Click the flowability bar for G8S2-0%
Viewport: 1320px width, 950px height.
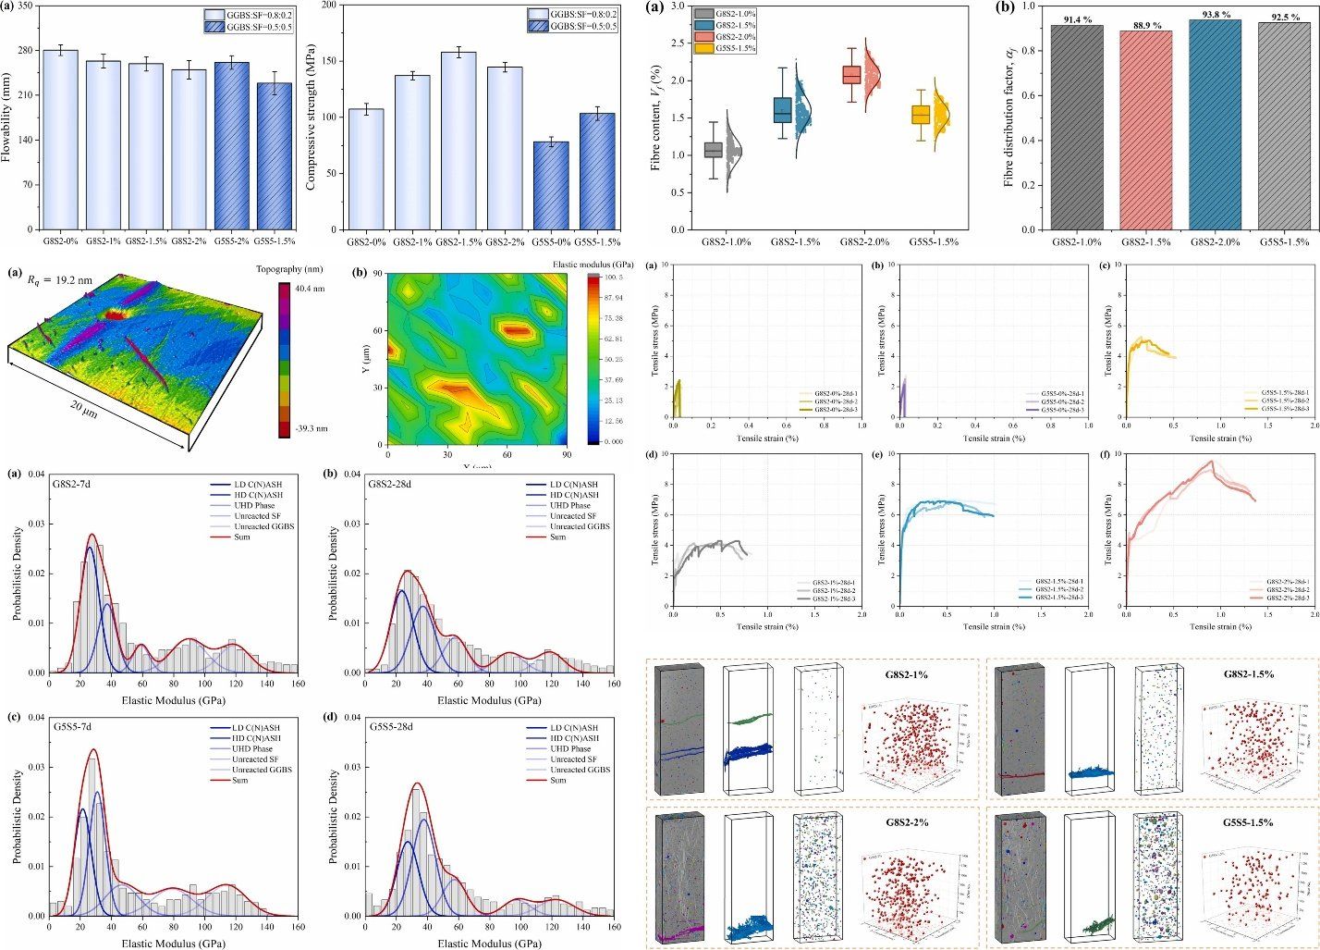(60, 140)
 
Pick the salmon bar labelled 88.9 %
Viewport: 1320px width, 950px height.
(1145, 130)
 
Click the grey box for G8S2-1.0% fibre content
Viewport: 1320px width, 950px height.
(713, 149)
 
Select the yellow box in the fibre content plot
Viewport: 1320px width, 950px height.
(921, 115)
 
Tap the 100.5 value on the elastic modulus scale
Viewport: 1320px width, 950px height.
(613, 277)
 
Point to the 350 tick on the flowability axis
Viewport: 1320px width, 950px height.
(26, 6)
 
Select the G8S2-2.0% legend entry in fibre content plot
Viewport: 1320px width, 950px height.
(735, 37)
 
